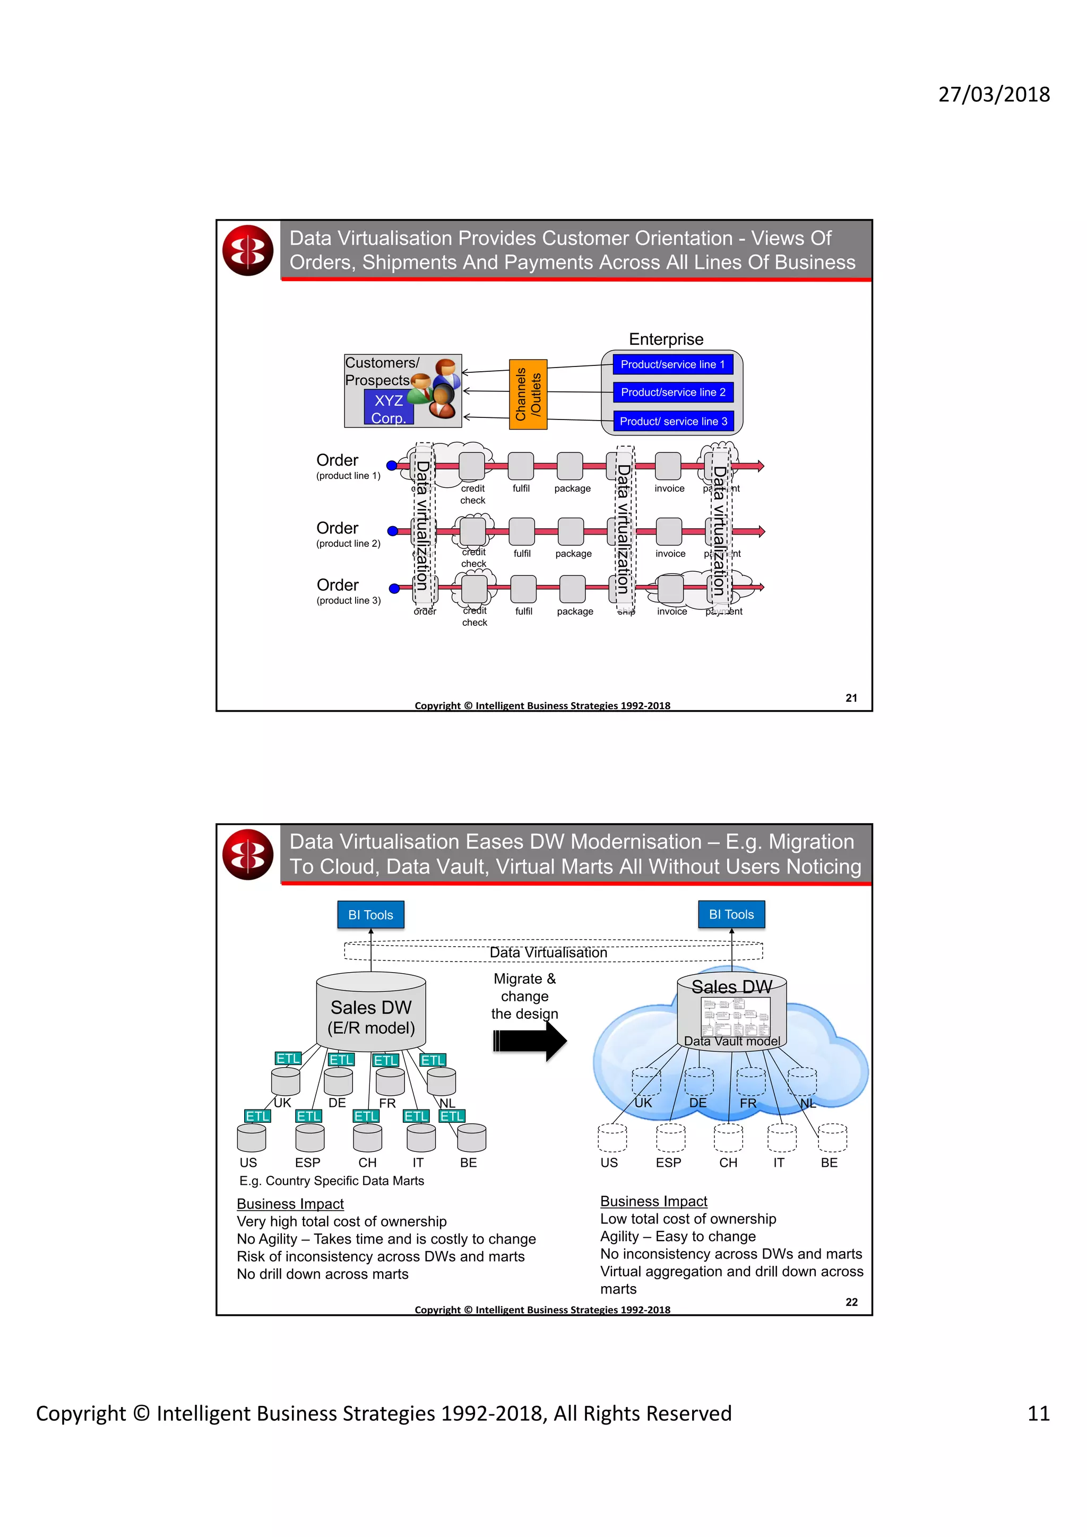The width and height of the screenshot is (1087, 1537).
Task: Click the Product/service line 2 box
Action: (x=672, y=392)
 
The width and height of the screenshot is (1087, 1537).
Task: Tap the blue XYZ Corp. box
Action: (x=389, y=408)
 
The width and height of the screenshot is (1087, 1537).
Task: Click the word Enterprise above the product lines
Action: (x=666, y=339)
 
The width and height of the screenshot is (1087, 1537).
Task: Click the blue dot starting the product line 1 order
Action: (x=392, y=465)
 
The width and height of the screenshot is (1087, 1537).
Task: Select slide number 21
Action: (x=851, y=697)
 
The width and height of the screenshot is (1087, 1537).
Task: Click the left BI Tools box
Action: (x=370, y=914)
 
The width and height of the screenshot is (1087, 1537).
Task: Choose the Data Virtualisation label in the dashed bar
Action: (x=548, y=952)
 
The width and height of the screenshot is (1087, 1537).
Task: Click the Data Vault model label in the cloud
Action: (x=731, y=1041)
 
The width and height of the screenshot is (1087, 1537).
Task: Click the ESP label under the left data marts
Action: (x=307, y=1163)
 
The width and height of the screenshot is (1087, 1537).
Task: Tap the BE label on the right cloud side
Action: (x=829, y=1163)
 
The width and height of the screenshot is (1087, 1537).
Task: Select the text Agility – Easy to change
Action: (x=677, y=1236)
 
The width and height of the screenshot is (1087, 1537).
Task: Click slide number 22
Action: (x=851, y=1302)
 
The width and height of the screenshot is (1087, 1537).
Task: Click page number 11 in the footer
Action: (x=1038, y=1413)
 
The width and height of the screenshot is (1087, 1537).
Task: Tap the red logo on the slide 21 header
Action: (x=248, y=250)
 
